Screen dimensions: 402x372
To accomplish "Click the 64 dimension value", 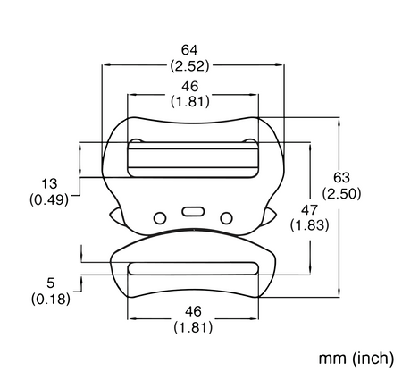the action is point(189,50).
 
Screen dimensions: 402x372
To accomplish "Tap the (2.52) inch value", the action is point(189,66).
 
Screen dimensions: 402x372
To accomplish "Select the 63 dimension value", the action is point(341,178).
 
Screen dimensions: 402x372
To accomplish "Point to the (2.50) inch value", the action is point(342,194).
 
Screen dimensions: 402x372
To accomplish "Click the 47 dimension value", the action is point(309,210).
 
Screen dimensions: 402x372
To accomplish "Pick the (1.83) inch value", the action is point(310,225).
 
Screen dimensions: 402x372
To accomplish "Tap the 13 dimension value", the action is point(49,183).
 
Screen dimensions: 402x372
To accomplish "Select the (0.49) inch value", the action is point(49,199).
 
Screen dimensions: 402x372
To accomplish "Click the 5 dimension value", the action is point(51,283).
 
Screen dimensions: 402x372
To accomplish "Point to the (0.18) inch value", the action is point(51,299).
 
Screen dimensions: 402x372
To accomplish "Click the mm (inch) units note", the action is point(356,358).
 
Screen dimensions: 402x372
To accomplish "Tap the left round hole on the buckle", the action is point(160,218).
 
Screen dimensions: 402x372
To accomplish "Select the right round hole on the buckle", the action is point(226,218).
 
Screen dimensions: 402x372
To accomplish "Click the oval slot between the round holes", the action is point(193,211).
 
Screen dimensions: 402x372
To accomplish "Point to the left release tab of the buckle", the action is point(116,216).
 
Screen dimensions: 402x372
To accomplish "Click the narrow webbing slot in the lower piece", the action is point(193,268).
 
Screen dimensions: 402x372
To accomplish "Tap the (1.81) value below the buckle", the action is point(193,328).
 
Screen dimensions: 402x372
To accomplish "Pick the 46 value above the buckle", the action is point(190,87).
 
